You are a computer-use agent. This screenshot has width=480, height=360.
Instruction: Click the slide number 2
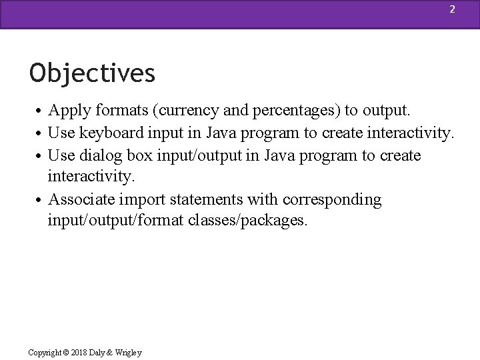(452, 9)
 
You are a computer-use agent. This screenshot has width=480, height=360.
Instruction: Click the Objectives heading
(92, 73)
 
